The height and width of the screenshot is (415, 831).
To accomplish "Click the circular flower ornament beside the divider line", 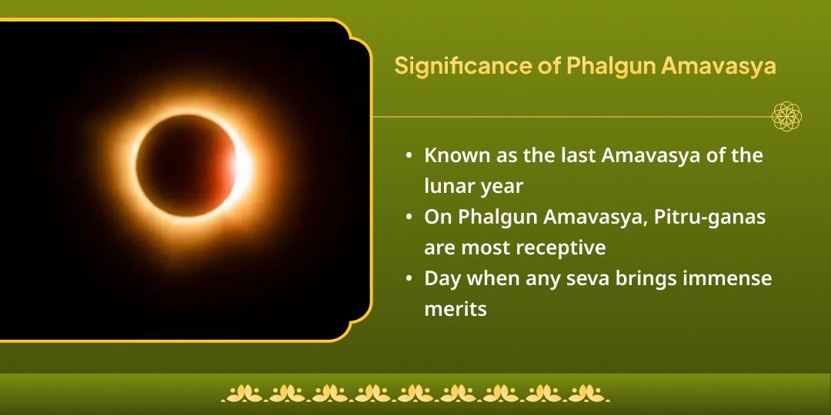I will click(787, 117).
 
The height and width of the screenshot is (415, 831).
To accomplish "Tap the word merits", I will click(456, 310).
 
